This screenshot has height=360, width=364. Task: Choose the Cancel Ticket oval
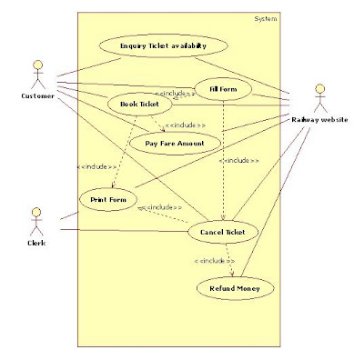(x=223, y=233)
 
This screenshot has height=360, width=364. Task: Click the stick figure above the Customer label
(x=37, y=73)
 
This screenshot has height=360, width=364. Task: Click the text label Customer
(x=37, y=95)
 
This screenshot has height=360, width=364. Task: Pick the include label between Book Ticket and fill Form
(x=174, y=94)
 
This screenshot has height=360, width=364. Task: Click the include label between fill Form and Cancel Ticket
(x=239, y=160)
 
